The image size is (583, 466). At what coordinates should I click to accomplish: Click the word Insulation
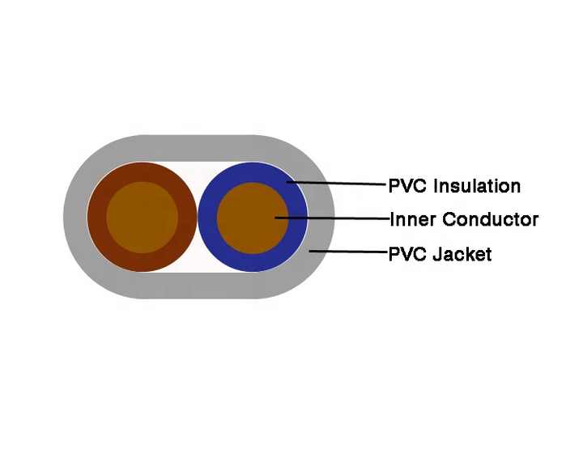(x=477, y=186)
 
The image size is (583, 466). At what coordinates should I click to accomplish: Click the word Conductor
(x=490, y=219)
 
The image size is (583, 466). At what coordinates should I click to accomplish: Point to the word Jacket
(x=462, y=255)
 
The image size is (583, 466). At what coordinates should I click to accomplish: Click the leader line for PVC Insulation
(x=337, y=183)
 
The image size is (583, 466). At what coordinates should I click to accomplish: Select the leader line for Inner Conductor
(x=333, y=218)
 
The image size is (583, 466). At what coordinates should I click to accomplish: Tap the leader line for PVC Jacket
(x=349, y=252)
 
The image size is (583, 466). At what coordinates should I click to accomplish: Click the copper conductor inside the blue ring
(x=253, y=218)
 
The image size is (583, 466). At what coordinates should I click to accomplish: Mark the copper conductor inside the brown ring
(x=142, y=218)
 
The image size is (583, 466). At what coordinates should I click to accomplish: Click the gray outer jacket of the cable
(x=198, y=148)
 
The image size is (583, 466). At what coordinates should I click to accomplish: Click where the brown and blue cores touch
(x=198, y=218)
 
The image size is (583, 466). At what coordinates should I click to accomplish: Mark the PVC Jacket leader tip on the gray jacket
(x=309, y=252)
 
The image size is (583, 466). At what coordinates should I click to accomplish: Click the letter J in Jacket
(x=437, y=255)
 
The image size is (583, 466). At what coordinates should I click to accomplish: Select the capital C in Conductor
(x=449, y=219)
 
